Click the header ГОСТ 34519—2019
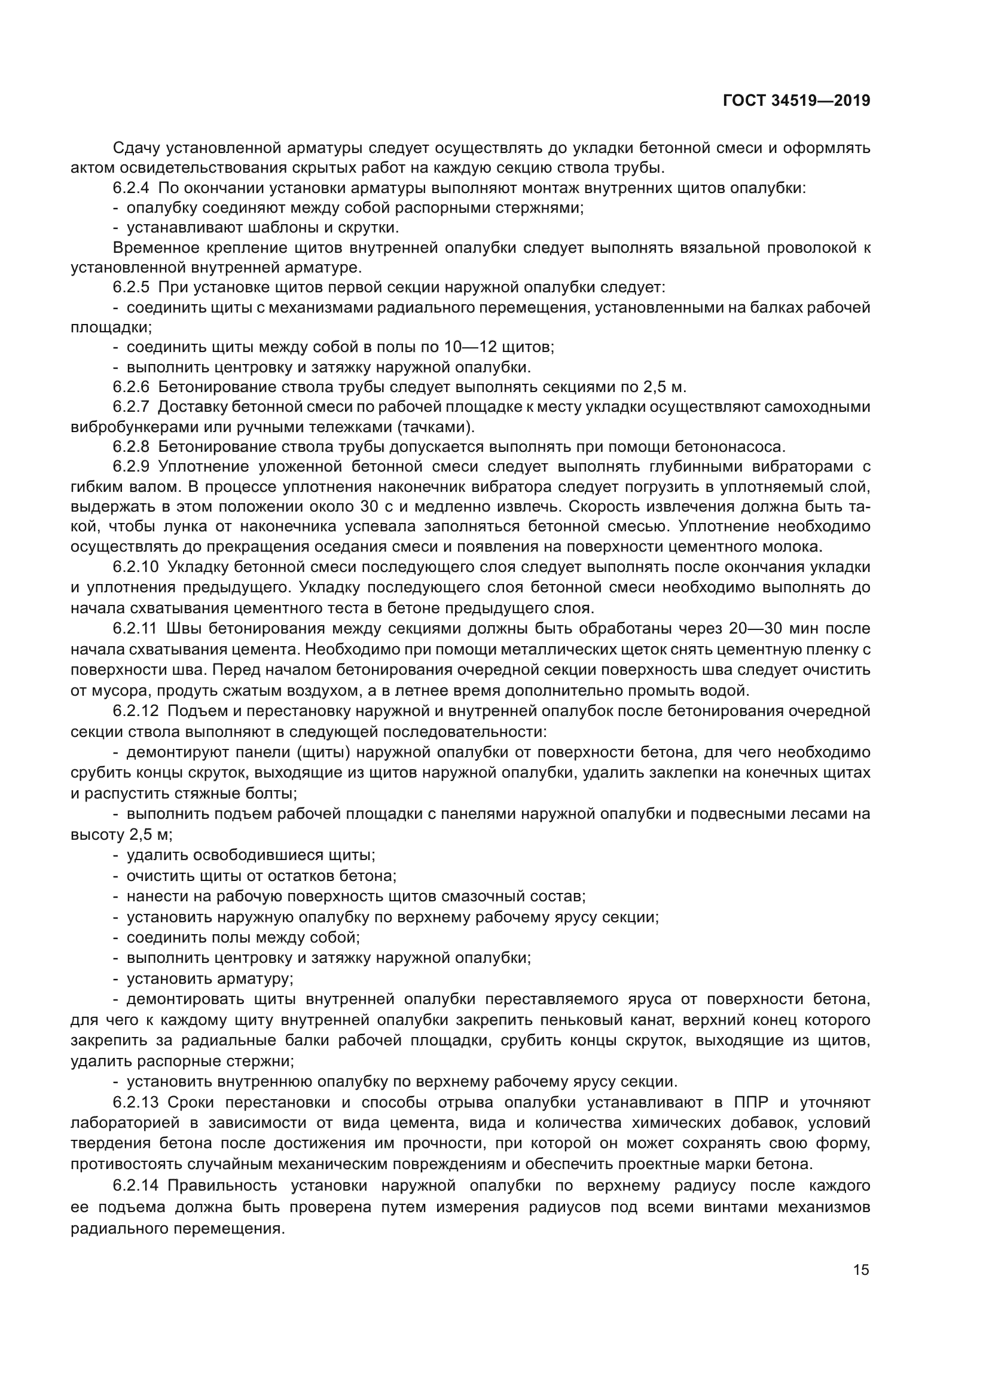click(x=796, y=101)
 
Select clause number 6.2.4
click(x=130, y=188)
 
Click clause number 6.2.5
click(x=130, y=287)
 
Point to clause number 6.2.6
click(x=130, y=387)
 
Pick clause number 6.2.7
click(x=130, y=407)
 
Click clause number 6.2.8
click(x=130, y=447)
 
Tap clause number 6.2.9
click(x=130, y=467)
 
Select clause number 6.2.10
click(x=135, y=567)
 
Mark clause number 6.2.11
click(x=135, y=628)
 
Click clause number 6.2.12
click(x=135, y=711)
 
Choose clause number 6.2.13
click(x=135, y=1103)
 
